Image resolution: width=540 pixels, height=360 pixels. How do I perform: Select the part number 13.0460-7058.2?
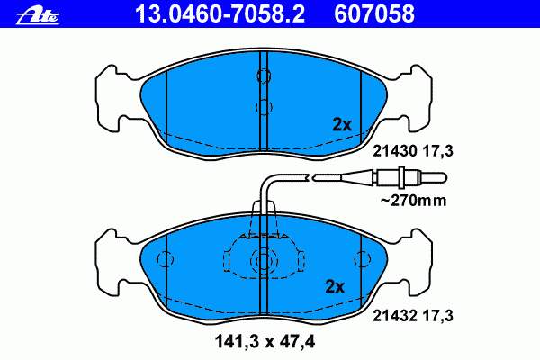220,14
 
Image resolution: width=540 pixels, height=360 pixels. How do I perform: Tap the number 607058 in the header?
374,14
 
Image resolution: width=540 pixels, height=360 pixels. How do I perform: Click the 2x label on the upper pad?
342,125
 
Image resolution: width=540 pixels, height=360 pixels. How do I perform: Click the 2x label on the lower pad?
335,286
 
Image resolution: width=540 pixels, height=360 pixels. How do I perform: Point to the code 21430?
395,151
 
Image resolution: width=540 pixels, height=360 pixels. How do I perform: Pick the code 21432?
395,316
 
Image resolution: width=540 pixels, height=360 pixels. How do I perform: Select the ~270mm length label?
413,200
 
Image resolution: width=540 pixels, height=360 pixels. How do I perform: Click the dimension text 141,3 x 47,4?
265,342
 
